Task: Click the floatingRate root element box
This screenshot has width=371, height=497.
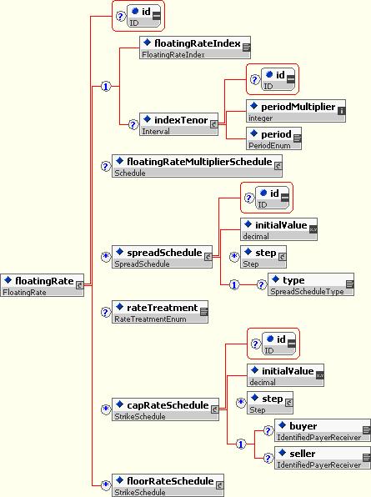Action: click(43, 285)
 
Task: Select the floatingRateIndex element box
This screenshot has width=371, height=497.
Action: click(195, 48)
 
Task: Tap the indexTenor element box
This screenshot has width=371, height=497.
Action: click(178, 124)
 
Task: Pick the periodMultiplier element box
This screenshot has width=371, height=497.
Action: click(296, 111)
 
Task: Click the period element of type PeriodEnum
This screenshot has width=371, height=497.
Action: click(273, 138)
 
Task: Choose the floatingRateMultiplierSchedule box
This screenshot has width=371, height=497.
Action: click(197, 166)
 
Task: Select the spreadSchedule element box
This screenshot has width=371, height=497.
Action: click(162, 257)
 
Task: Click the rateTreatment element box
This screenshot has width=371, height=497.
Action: click(160, 312)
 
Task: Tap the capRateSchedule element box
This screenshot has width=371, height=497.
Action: click(165, 409)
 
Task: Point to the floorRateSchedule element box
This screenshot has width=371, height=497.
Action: click(168, 485)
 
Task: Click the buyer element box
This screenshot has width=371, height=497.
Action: click(322, 430)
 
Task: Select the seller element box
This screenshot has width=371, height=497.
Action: click(322, 458)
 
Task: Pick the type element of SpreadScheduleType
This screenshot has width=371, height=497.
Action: click(311, 284)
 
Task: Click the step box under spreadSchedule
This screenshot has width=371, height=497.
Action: click(263, 257)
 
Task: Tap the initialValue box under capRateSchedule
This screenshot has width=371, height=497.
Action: click(285, 375)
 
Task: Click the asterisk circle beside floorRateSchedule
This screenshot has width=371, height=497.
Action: click(106, 485)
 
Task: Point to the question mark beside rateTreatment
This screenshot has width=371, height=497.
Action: click(106, 312)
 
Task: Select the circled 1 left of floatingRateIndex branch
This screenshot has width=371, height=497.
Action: click(106, 86)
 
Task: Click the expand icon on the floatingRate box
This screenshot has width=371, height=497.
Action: click(79, 285)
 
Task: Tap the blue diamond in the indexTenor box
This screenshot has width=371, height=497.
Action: click(147, 119)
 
